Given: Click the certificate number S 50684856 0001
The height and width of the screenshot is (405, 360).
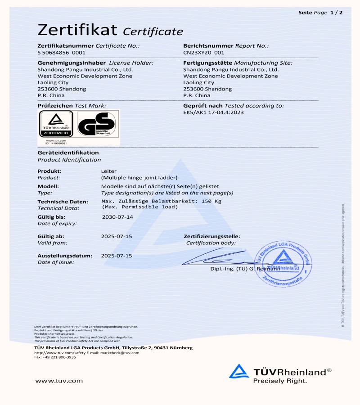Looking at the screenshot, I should (x=61, y=53).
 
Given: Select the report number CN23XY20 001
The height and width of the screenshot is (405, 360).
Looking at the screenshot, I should (x=203, y=53).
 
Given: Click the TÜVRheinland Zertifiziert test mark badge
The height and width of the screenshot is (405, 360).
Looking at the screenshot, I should (x=56, y=125).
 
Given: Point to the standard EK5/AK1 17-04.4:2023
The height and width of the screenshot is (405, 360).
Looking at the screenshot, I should (x=213, y=112).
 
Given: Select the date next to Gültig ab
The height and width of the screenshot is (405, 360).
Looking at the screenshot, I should (x=117, y=236).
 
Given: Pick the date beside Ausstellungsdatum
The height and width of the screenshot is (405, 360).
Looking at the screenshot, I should (x=117, y=256).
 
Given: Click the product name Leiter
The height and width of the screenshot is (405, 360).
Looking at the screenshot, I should (x=109, y=171).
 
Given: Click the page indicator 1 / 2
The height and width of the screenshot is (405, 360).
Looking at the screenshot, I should (x=336, y=12).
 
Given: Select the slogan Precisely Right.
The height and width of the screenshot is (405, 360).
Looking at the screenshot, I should (x=280, y=381).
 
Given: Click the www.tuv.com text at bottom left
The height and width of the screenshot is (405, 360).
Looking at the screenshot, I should (x=59, y=381).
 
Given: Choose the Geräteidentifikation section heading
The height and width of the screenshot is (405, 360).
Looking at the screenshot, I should (x=68, y=153).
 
